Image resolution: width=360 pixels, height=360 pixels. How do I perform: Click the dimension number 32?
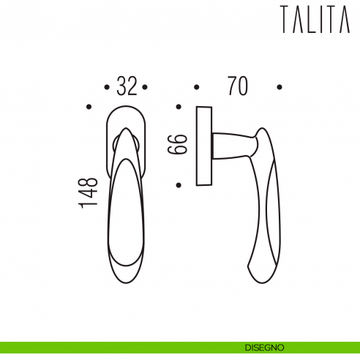click(x=127, y=87)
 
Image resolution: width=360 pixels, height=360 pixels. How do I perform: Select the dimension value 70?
click(x=236, y=86)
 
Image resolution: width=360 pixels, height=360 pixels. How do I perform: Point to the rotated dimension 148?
click(x=89, y=192)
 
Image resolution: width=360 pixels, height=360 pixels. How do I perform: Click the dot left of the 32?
click(x=107, y=88)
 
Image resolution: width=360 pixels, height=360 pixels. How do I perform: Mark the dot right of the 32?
click(x=146, y=88)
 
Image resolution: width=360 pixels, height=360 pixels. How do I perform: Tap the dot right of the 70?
click(x=280, y=87)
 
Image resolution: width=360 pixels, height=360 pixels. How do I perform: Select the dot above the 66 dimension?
click(x=179, y=107)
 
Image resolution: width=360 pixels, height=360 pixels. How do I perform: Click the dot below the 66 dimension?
click(x=179, y=184)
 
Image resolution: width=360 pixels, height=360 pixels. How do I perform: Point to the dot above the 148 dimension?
click(x=89, y=107)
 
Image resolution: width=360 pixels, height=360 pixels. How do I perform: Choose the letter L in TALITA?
click(x=313, y=20)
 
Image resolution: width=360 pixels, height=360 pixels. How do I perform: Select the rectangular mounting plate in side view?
click(x=204, y=146)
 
